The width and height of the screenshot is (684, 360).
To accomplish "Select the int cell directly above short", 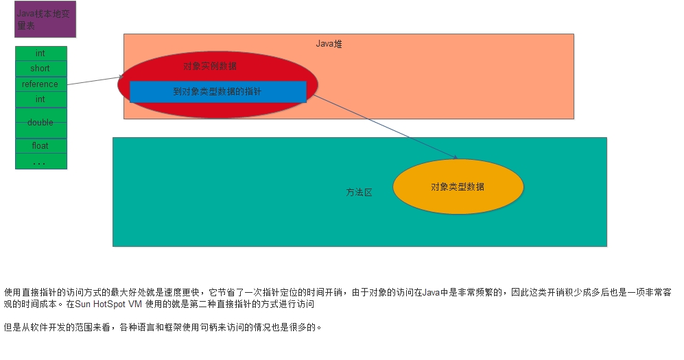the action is (x=40, y=53).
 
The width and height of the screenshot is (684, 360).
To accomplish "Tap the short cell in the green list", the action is (x=40, y=69).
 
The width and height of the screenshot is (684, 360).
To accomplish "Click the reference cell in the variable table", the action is (x=40, y=84).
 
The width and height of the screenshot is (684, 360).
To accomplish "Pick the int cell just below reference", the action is (x=40, y=99).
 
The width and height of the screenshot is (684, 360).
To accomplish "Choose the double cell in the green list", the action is (x=40, y=123).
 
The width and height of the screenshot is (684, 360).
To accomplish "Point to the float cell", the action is (x=40, y=146).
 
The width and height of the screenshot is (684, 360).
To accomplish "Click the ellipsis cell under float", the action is (x=40, y=162).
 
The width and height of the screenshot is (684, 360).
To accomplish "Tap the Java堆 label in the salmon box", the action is (x=329, y=44).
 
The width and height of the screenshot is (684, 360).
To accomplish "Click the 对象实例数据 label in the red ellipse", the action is (x=210, y=67).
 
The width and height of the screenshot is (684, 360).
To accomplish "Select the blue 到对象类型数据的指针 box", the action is (x=217, y=91).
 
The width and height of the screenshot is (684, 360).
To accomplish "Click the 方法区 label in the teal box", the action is (x=359, y=193).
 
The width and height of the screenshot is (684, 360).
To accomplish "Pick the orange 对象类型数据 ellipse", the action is (x=458, y=187).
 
